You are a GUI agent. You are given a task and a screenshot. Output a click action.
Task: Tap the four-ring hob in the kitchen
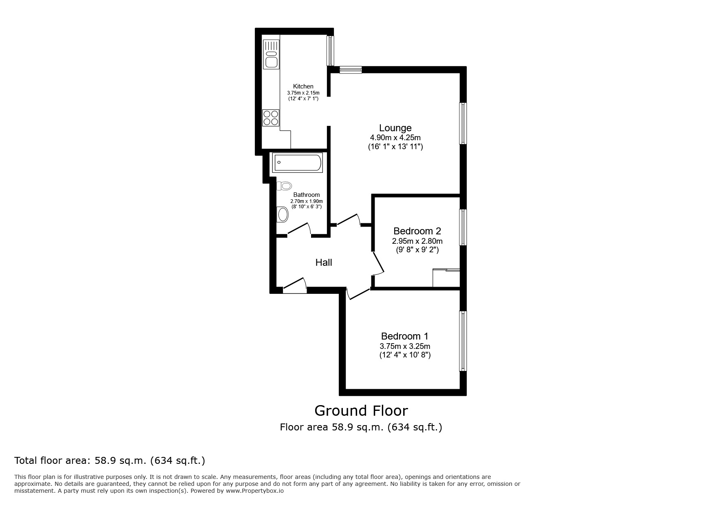(271, 118)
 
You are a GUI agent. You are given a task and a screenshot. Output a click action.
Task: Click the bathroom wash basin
(282, 214)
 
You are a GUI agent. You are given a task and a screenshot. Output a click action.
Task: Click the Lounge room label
(395, 128)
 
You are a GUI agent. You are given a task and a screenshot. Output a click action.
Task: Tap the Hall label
(324, 262)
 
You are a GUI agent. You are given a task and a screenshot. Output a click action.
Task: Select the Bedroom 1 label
(404, 336)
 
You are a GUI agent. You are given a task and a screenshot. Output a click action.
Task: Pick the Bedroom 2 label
(417, 231)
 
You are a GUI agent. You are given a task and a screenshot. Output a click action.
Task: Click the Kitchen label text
(303, 86)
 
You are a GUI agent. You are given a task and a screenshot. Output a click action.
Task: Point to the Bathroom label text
(307, 195)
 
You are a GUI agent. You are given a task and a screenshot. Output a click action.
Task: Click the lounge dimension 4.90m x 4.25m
(395, 138)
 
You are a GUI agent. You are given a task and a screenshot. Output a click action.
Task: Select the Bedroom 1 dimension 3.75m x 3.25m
(405, 346)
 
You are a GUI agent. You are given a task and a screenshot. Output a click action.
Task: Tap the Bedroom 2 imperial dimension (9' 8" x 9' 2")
(417, 250)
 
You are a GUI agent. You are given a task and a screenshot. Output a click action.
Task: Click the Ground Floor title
(361, 410)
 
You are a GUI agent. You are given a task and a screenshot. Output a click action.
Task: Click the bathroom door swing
(300, 229)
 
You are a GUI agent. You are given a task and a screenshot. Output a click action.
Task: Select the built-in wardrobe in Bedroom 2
(446, 278)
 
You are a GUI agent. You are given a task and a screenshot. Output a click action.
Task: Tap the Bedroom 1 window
(463, 341)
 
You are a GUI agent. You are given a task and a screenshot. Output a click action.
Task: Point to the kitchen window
(330, 51)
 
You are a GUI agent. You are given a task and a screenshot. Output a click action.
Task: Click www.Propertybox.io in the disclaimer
(254, 491)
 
